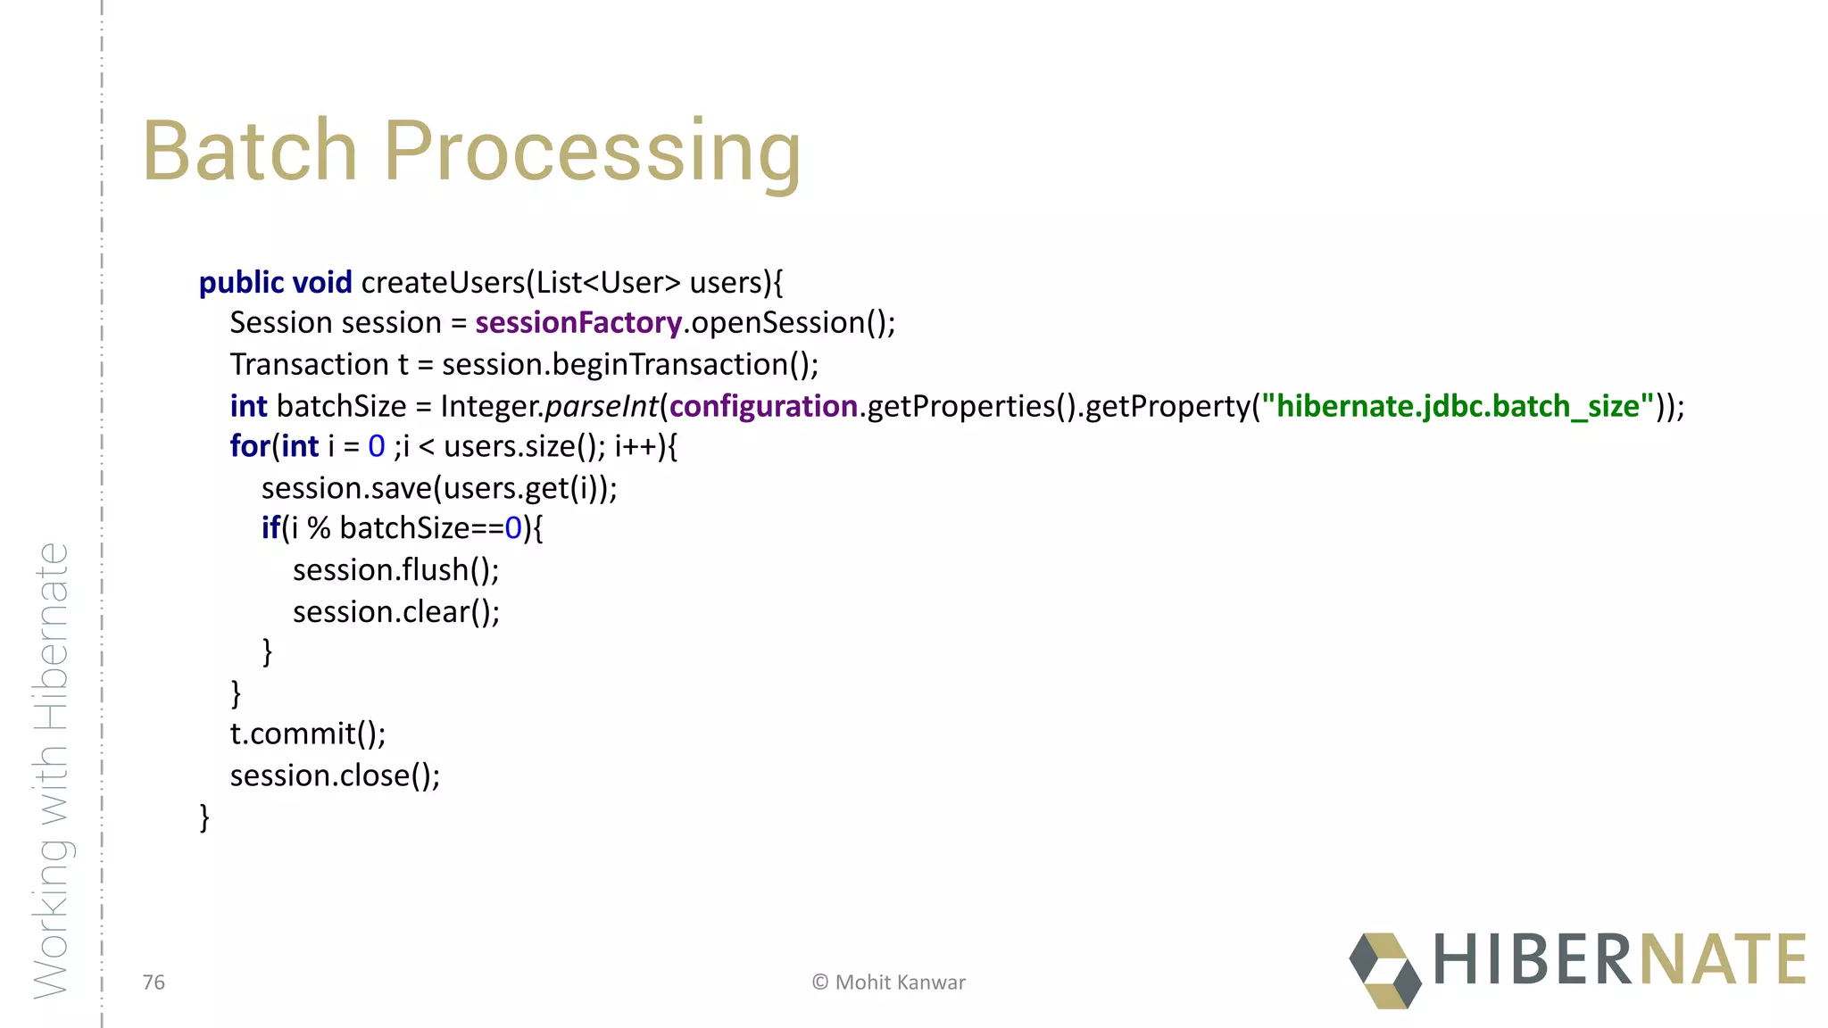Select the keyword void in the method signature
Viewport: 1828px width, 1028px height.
point(321,282)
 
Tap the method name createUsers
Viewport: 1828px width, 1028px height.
point(443,282)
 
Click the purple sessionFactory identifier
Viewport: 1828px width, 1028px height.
point(578,322)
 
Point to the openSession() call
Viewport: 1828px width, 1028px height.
point(791,322)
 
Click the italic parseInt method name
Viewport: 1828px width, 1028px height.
point(602,406)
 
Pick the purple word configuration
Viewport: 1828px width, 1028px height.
point(763,406)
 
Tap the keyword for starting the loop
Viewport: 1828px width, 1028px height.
point(250,445)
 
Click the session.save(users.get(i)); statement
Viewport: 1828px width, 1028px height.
point(439,488)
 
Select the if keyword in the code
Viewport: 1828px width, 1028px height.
point(270,528)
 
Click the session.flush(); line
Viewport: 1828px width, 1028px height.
point(395,569)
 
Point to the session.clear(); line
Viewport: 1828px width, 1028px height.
point(395,611)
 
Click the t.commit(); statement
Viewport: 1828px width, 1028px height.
point(308,734)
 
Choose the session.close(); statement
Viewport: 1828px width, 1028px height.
point(335,775)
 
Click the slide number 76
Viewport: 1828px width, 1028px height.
point(154,982)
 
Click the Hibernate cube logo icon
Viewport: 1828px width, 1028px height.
point(1384,970)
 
